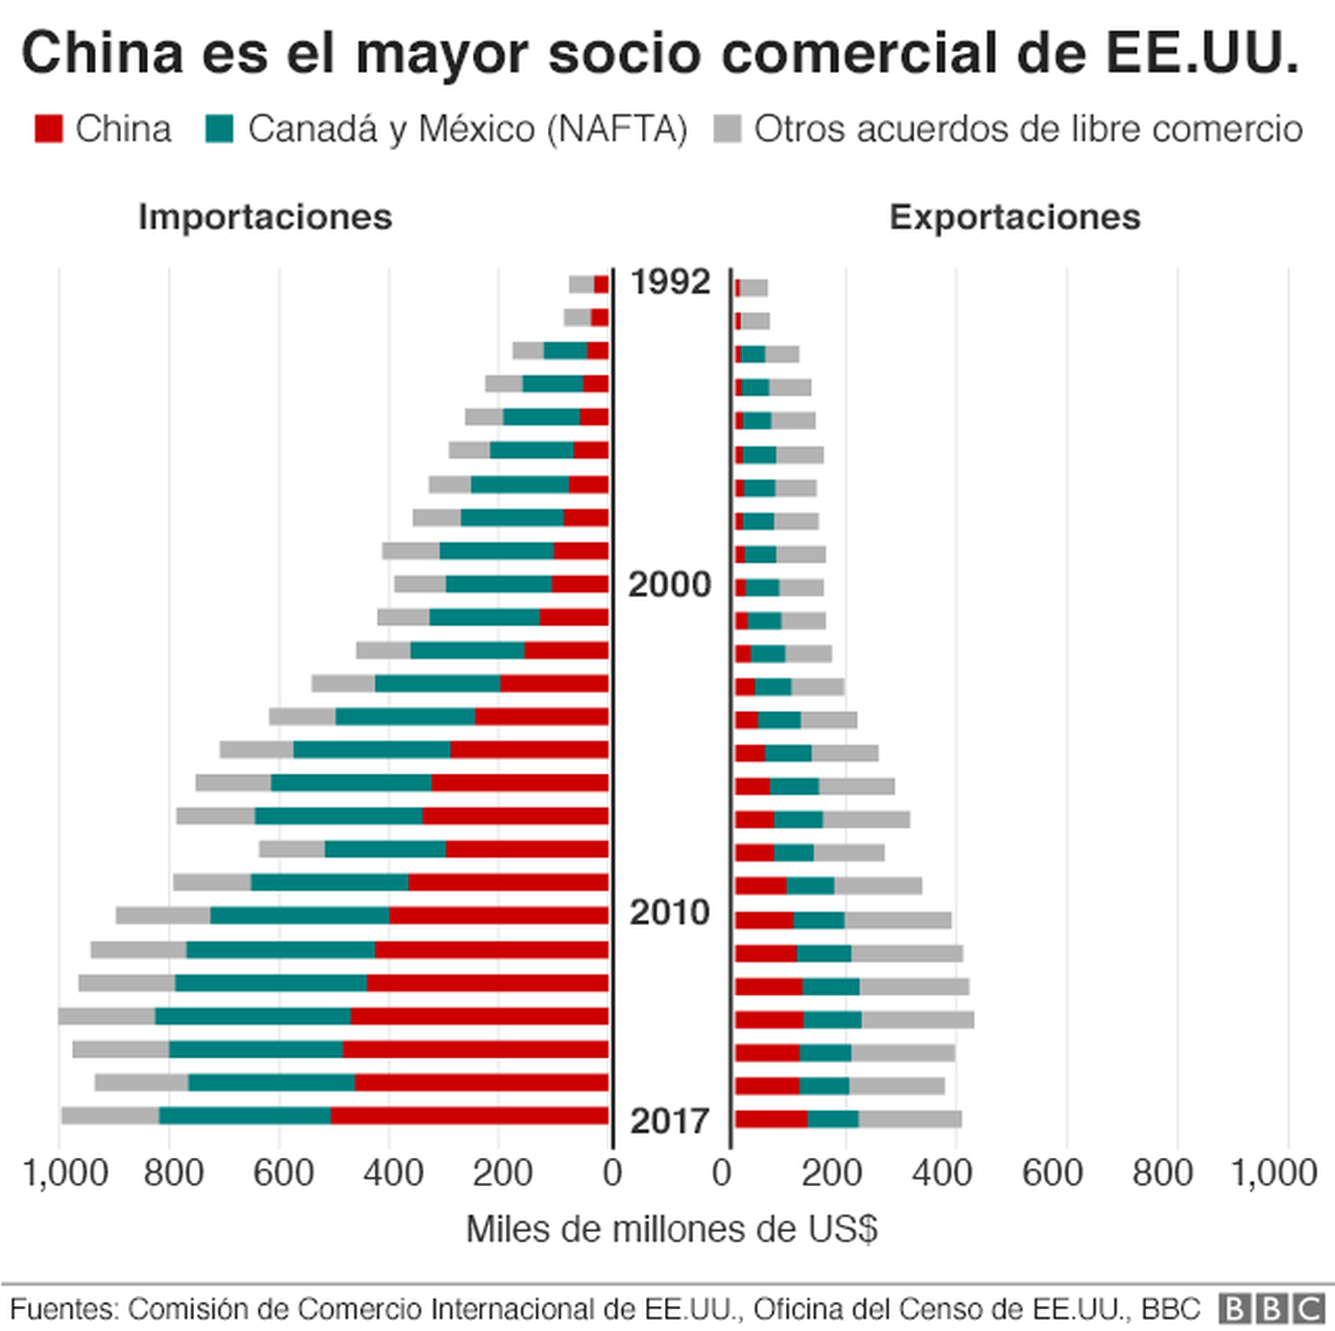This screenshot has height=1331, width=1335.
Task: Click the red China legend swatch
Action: coord(49,129)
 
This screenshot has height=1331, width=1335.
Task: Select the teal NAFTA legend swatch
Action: coord(220,129)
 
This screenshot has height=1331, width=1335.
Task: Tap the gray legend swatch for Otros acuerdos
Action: coord(727,129)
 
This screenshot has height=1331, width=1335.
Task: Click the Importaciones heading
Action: coord(265,217)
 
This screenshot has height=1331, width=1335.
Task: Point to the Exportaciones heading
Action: coord(1014,217)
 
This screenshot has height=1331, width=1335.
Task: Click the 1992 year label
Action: coord(670,282)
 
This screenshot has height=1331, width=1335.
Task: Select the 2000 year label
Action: coord(670,585)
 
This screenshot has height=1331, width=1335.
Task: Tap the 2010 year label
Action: coord(670,912)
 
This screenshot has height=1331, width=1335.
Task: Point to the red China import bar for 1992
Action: coord(601,285)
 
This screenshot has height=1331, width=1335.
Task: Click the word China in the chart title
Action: coord(103,53)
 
